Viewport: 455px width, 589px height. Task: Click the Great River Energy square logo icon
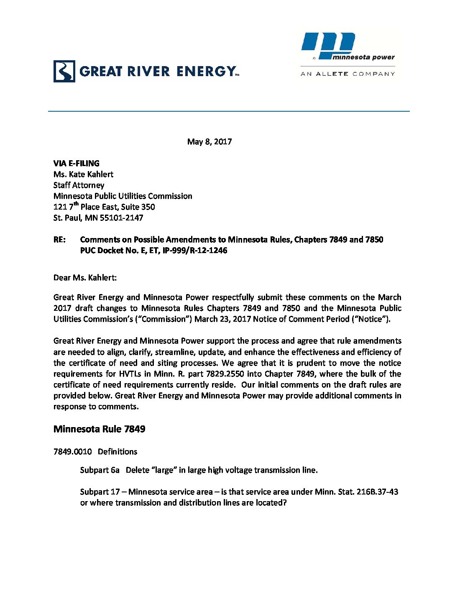[x=64, y=71]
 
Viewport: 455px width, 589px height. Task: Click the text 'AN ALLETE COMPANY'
[x=348, y=74]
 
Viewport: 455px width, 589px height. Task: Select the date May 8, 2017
[x=210, y=141]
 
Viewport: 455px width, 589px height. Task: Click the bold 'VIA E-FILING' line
[x=77, y=163]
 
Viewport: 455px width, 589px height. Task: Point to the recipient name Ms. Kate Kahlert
[x=83, y=174]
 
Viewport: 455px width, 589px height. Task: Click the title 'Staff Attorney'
[x=79, y=185]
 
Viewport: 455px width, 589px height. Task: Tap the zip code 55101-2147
[x=121, y=218]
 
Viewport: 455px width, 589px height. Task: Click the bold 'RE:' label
[x=59, y=239]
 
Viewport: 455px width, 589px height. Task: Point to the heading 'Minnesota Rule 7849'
[x=100, y=429]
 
